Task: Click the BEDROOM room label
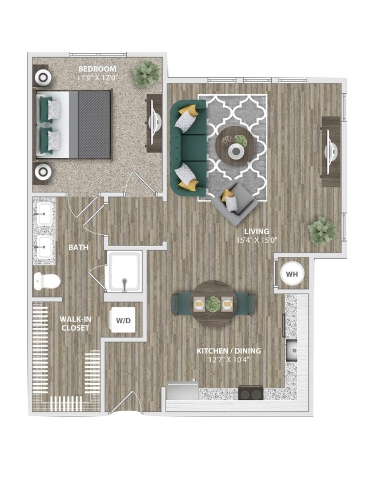[x=97, y=69]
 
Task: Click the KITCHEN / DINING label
[x=228, y=351]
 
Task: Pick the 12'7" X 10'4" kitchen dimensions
[x=228, y=359]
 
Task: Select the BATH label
[x=78, y=248]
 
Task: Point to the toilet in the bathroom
[x=47, y=281]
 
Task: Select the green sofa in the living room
[x=187, y=148]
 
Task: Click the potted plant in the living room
[x=322, y=230]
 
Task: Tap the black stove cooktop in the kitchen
[x=251, y=393]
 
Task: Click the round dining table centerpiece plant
[x=213, y=304]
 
